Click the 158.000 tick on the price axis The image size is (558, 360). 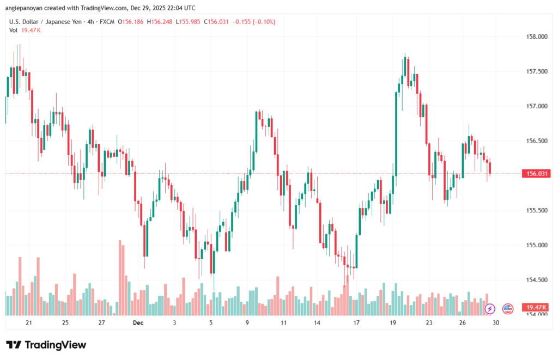pos(536,36)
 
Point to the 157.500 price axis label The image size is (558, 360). pos(536,71)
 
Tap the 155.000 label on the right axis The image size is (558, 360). pos(536,245)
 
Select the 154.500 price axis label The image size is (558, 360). pos(536,280)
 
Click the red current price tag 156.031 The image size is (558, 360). pos(536,174)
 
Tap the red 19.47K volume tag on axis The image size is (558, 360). pos(536,308)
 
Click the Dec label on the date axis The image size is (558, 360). pos(138,323)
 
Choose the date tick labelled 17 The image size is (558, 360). pos(356,323)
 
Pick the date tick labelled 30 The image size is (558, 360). pos(495,323)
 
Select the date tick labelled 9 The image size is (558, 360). pos(247,323)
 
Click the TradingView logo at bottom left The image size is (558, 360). pos(46,345)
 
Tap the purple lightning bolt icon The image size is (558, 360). pos(489,309)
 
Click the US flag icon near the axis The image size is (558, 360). pos(507,309)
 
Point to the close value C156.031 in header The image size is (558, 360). pos(215,22)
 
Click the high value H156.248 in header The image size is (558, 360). pos(154,22)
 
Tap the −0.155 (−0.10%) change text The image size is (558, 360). pos(254,22)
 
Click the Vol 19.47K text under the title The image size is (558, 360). pos(25,30)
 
